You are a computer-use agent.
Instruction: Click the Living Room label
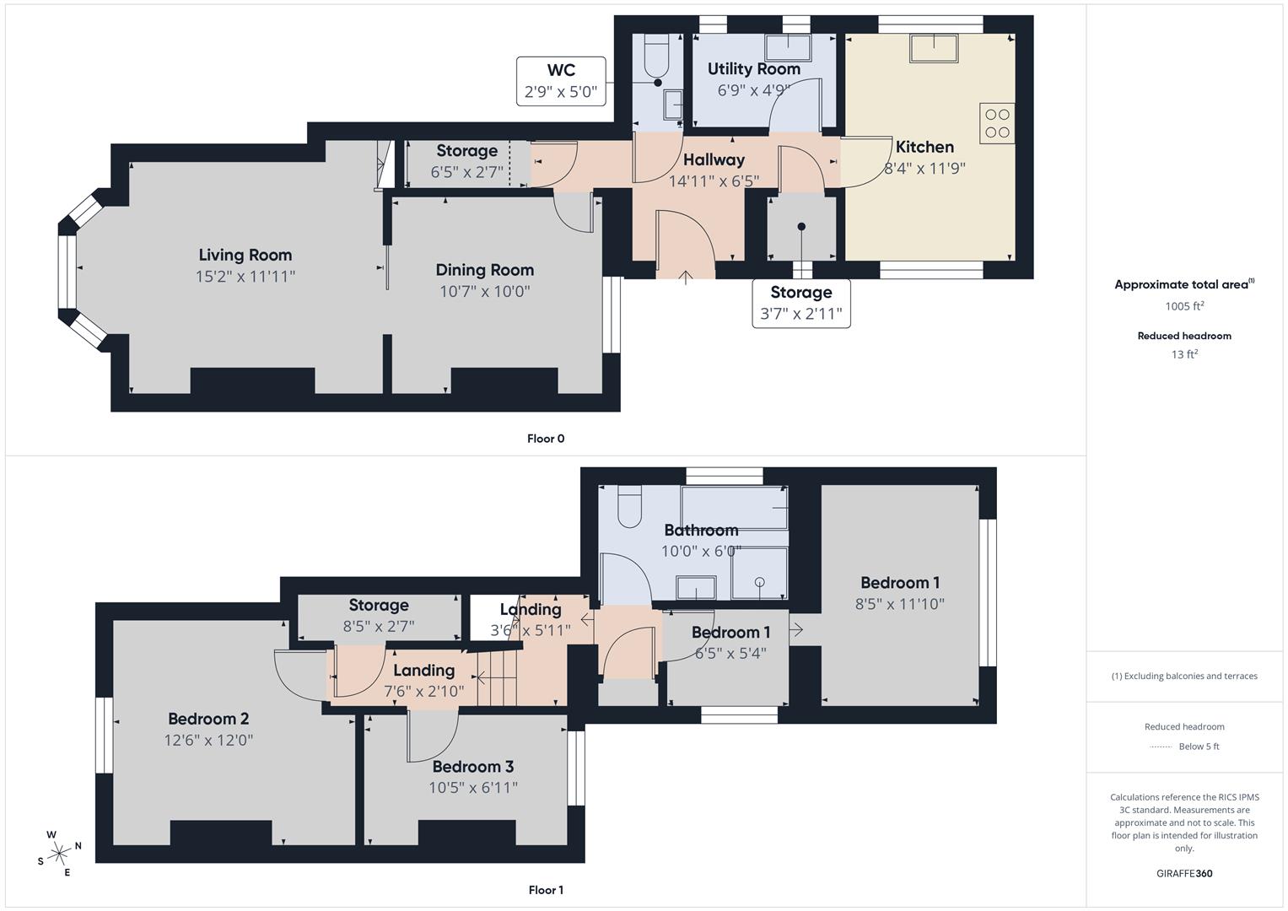245,255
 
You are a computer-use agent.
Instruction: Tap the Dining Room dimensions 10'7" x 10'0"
484,292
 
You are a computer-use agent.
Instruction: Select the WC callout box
561,81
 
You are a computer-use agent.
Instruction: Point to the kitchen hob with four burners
997,123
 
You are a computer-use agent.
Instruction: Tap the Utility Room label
753,69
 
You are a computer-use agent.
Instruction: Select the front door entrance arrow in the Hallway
685,276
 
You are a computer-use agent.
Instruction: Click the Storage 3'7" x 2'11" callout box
800,304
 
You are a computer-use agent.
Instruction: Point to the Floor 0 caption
546,439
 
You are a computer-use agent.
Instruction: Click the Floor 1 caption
546,890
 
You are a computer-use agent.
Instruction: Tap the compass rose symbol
59,854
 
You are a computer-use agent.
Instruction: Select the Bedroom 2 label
208,719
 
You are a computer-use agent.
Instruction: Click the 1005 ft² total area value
1184,306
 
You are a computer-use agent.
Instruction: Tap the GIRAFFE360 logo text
1184,873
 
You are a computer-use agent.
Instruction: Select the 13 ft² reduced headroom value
1184,354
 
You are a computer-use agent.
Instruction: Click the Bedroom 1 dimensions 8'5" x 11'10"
899,604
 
